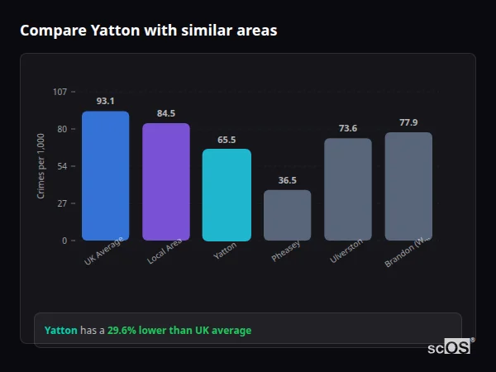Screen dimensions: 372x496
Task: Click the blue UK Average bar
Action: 105,176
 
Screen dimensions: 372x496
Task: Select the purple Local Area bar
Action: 166,182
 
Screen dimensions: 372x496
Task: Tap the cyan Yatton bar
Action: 227,195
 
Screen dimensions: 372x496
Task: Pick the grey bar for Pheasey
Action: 287,216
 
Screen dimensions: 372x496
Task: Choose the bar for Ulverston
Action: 348,189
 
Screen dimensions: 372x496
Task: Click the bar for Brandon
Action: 408,187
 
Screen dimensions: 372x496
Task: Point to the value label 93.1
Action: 105,101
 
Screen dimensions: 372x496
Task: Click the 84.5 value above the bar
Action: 166,113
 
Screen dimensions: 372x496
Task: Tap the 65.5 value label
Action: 227,140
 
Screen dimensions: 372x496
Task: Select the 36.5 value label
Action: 287,180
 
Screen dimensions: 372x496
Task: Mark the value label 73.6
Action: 348,128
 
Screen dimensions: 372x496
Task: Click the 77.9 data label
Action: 408,122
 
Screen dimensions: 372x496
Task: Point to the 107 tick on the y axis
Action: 60,92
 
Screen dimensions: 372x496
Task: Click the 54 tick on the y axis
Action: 62,166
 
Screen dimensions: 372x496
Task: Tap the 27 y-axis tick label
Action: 62,203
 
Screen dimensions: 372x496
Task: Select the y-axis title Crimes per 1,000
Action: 41,166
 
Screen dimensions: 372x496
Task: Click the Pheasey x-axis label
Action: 286,251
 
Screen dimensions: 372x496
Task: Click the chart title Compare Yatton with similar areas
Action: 149,31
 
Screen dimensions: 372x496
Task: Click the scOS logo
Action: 450,347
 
